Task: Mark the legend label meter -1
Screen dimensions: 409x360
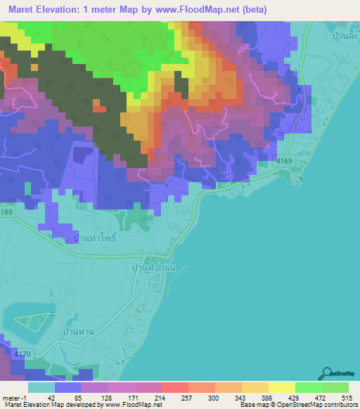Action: pyautogui.click(x=14, y=397)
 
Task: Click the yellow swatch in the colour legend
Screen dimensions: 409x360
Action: pyautogui.click(x=281, y=387)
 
